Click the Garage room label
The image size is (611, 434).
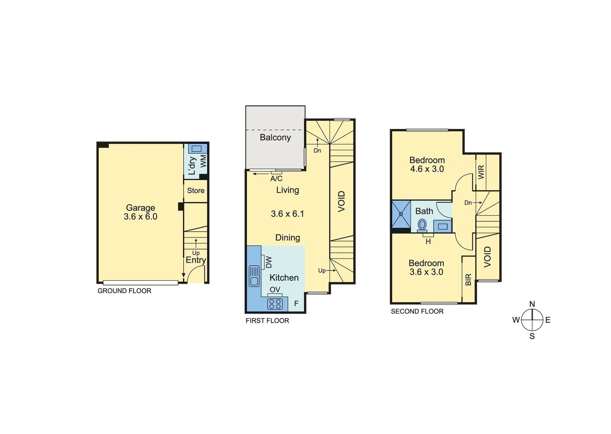(x=140, y=208)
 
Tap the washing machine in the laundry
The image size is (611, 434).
(x=196, y=149)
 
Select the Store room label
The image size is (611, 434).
(x=195, y=190)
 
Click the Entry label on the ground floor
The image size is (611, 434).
(x=195, y=260)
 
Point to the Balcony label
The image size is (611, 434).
(x=275, y=137)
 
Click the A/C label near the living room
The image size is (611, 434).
(x=276, y=179)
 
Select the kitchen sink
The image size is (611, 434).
(x=254, y=276)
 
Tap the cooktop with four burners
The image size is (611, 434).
(x=275, y=304)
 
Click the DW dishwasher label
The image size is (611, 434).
(x=269, y=262)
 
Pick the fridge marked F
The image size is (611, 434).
(x=296, y=303)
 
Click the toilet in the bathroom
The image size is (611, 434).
(x=422, y=225)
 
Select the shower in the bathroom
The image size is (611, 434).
(x=401, y=214)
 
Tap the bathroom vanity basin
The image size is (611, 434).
(x=442, y=226)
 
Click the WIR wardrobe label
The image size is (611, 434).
(x=481, y=172)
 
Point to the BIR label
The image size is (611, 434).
(x=468, y=279)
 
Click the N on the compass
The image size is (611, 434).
(x=532, y=304)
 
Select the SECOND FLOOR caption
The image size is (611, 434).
(x=417, y=311)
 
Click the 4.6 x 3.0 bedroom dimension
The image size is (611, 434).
(x=427, y=169)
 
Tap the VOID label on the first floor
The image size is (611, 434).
(x=342, y=201)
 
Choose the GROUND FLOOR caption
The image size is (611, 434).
(x=124, y=291)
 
